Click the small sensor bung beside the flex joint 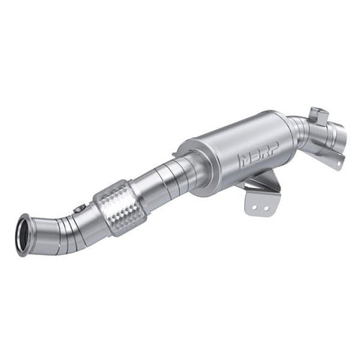click(81, 209)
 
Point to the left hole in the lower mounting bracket click(251, 204)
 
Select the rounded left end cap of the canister click(192, 161)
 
